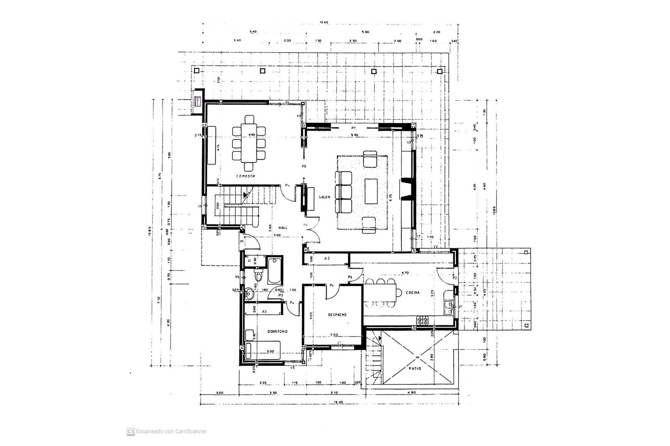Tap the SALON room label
[x=324, y=197]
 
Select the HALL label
[x=283, y=228]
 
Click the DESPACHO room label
[x=337, y=315]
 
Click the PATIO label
[x=415, y=368]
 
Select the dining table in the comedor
[x=248, y=143]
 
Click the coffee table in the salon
[x=371, y=191]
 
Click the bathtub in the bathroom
[x=275, y=271]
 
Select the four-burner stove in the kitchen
[x=423, y=321]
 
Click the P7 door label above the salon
[x=353, y=128]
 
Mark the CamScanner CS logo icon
[x=131, y=431]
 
